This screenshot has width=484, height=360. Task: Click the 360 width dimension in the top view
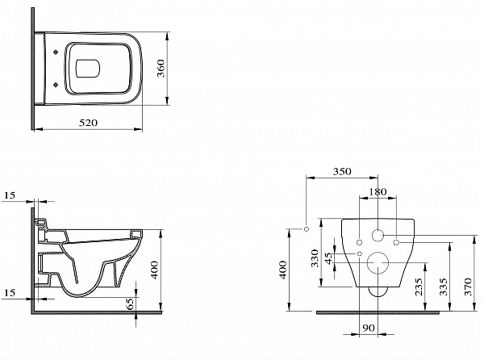(161, 69)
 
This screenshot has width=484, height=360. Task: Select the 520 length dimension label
(88, 123)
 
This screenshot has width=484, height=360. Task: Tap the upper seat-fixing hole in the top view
(56, 52)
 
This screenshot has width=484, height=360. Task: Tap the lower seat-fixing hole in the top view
(56, 84)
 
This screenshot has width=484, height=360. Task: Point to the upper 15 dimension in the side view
(10, 195)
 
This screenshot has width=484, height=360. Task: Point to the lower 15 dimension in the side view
(10, 292)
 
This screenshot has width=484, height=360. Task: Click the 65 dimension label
(130, 303)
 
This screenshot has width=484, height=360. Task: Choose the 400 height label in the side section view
(154, 270)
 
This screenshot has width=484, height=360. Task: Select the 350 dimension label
(342, 171)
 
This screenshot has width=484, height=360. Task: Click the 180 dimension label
(378, 192)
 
